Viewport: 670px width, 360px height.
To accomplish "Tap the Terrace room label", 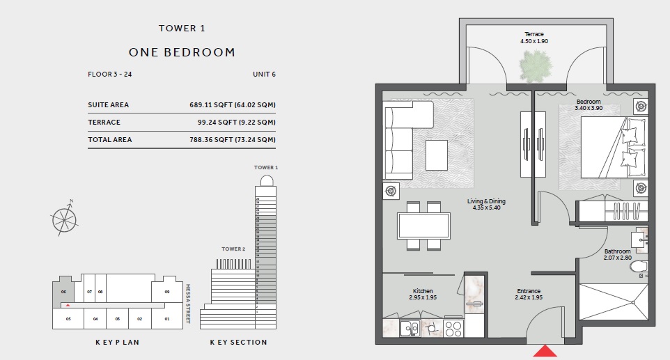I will (x=534, y=34).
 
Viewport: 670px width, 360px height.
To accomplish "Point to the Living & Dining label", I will (x=488, y=201).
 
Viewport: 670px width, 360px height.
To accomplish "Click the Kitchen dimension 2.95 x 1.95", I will (x=422, y=298).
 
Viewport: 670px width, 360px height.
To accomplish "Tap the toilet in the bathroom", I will (x=639, y=267).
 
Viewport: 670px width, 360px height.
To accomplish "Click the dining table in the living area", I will (x=423, y=226).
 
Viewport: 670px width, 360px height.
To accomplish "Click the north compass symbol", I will (x=64, y=217).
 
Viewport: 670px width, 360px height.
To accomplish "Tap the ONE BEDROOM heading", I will (x=182, y=52).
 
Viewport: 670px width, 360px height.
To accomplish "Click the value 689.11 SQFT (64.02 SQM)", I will (x=232, y=105).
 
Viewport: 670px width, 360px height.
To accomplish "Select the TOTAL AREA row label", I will (x=109, y=140).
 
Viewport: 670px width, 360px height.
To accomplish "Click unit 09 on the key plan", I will (x=166, y=292).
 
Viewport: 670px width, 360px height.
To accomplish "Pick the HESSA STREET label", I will (x=189, y=303).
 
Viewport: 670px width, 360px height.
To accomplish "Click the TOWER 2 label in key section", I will (x=233, y=249).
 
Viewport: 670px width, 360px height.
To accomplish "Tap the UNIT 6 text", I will (x=264, y=74).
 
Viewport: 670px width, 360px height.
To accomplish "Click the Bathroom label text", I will (x=617, y=251).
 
